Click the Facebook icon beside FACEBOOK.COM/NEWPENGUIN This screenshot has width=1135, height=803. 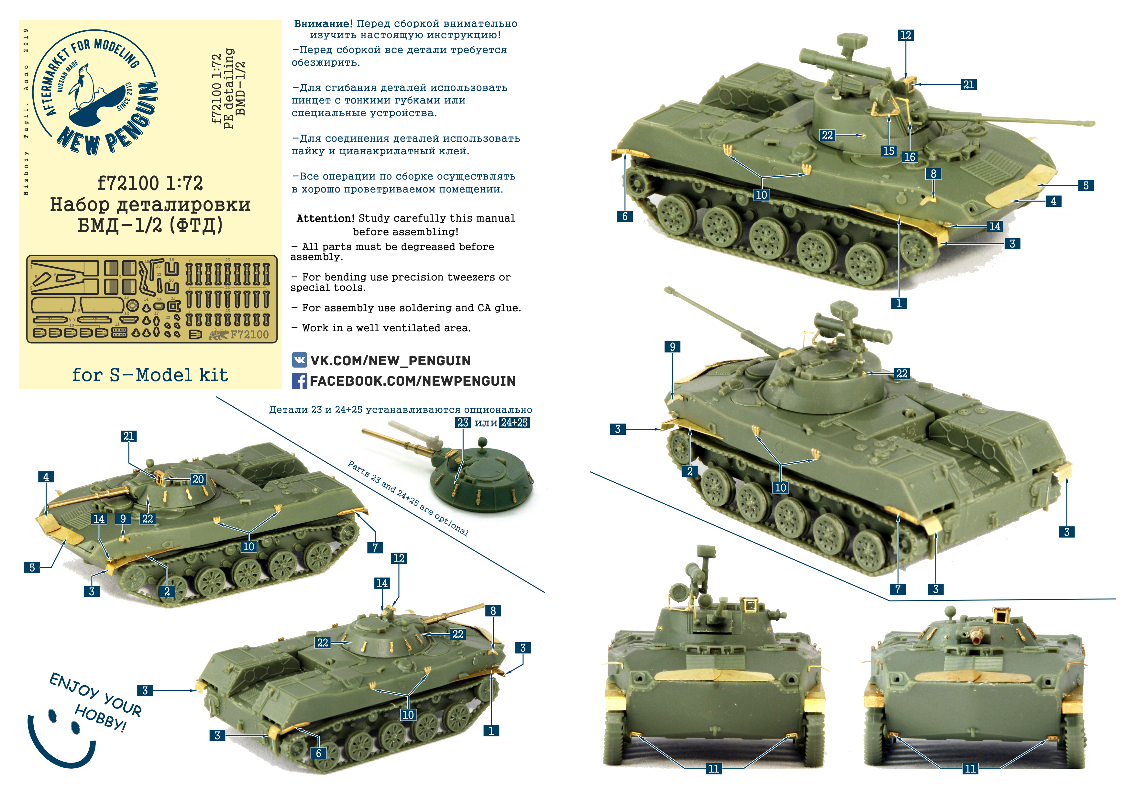299,381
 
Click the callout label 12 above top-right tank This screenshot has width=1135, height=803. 906,35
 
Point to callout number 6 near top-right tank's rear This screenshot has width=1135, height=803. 625,216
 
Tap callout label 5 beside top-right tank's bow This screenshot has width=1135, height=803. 1086,185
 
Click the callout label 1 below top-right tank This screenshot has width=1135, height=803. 899,303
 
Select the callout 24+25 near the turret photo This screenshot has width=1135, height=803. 515,423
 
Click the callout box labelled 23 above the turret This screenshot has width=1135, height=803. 463,423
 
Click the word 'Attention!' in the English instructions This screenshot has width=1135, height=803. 325,218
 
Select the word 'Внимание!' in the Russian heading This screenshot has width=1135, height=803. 323,23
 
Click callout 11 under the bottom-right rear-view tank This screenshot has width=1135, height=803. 970,768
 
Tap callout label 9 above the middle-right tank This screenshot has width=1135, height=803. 672,346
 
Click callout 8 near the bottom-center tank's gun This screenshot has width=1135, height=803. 493,610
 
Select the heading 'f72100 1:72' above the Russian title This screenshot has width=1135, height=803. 150,183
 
